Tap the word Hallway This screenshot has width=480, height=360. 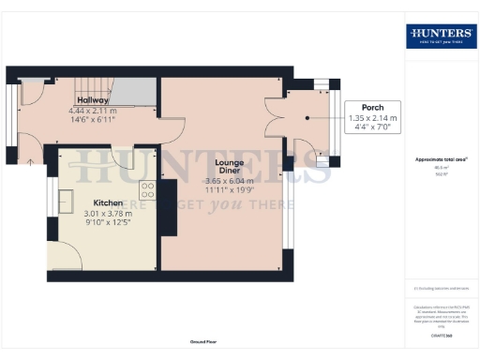coord(93,99)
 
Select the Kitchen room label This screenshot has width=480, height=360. coord(109,202)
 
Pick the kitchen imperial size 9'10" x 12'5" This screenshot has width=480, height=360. coord(109,223)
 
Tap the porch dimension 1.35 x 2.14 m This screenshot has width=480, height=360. coord(373,118)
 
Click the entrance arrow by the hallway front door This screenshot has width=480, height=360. coord(31,162)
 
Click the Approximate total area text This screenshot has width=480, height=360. coord(441,159)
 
